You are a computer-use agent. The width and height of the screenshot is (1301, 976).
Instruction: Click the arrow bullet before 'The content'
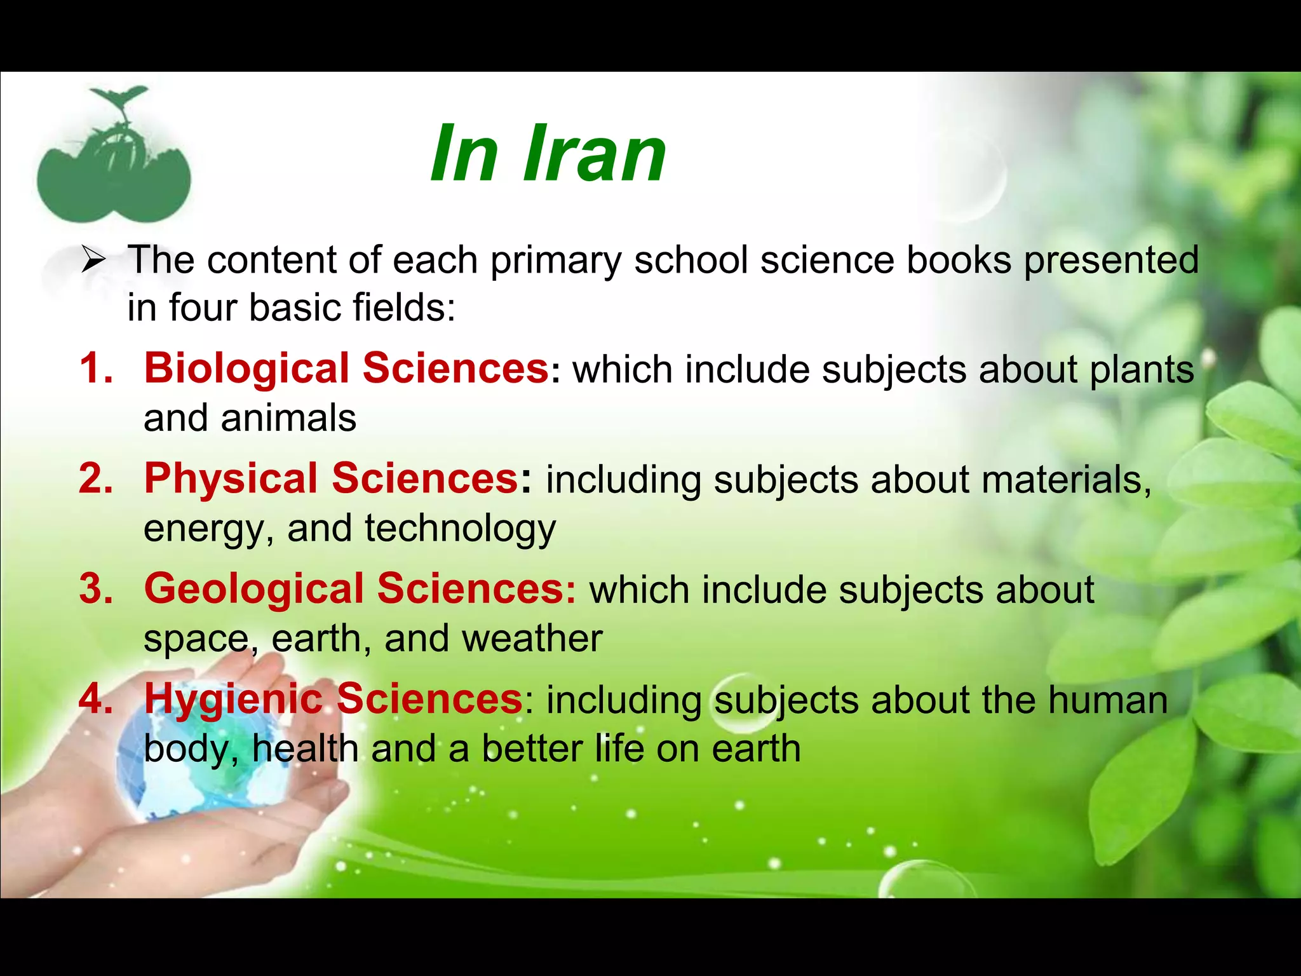coord(93,261)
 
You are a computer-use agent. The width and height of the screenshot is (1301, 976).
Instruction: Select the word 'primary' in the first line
coord(555,261)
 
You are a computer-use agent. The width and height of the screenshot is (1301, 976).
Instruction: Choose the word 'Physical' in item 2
coord(230,478)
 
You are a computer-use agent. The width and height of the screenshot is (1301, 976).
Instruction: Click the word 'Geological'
coord(253,589)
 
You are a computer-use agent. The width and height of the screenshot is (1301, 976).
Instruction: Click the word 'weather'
coord(532,639)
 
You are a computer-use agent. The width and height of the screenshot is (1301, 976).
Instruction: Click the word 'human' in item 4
coord(1108,700)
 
